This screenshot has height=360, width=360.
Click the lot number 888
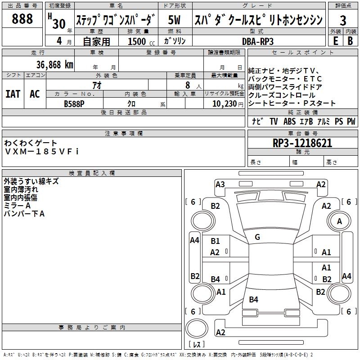click(22, 18)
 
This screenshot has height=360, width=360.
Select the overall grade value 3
click(343, 20)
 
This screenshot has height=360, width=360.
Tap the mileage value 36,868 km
click(54, 65)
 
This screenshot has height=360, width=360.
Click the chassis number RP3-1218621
click(302, 143)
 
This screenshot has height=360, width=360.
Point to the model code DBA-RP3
click(258, 41)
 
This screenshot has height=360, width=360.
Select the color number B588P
click(74, 104)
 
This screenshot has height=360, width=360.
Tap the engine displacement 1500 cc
click(141, 41)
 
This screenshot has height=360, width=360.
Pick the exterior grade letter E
click(336, 41)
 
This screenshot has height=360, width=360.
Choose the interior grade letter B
click(350, 41)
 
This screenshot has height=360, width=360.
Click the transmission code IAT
click(13, 94)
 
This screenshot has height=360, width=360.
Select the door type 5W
click(174, 20)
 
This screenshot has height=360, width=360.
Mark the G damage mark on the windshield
click(257, 237)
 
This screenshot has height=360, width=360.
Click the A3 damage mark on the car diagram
click(220, 184)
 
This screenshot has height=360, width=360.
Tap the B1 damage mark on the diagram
click(215, 241)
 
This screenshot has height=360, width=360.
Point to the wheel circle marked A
click(339, 221)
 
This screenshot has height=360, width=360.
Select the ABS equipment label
click(289, 121)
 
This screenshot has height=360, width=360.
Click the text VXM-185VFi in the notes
click(41, 152)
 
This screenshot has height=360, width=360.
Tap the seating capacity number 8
click(188, 85)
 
